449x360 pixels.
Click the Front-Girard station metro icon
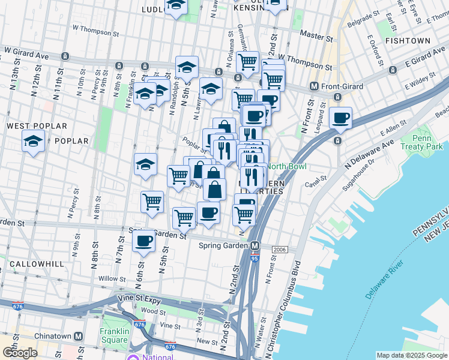[313, 86]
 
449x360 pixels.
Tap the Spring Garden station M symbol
[255, 246]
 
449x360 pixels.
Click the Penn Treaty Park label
[431, 142]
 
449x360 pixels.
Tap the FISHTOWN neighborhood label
[408, 41]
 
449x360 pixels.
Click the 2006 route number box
[279, 250]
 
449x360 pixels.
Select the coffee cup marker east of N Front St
[340, 118]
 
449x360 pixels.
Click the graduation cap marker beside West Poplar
[34, 142]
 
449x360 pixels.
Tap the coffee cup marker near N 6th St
[143, 241]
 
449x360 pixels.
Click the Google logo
[20, 353]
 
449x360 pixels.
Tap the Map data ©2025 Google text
[411, 355]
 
